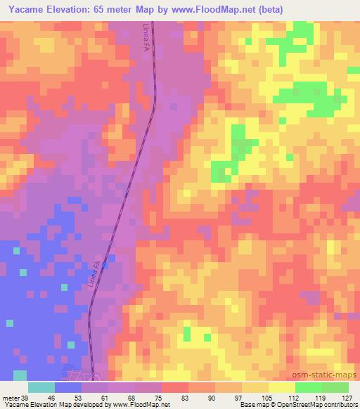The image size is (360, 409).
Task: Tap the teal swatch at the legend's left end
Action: (41, 388)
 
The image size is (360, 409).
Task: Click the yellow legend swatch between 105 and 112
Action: (282, 388)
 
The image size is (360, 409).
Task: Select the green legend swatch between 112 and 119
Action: (309, 388)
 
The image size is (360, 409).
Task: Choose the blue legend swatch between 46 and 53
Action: (68, 388)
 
